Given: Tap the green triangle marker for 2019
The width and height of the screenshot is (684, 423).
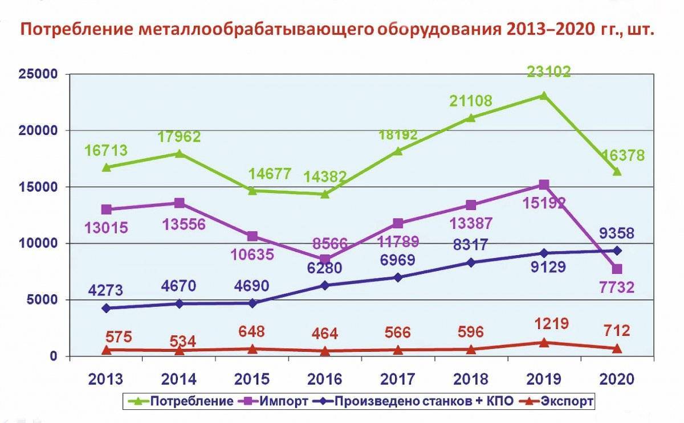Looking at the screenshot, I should click(544, 96).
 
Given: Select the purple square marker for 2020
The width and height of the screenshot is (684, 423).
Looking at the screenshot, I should click(617, 269).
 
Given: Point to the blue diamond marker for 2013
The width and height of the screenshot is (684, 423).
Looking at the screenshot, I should click(107, 308).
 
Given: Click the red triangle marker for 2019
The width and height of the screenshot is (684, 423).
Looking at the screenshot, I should click(544, 343).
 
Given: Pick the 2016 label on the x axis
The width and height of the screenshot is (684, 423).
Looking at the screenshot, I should click(325, 379).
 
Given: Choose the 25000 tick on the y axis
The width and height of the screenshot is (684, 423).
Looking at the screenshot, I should click(38, 74).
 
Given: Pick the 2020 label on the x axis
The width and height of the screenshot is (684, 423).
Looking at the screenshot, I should click(617, 379).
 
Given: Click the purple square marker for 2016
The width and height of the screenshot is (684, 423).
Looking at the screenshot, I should click(325, 260).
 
